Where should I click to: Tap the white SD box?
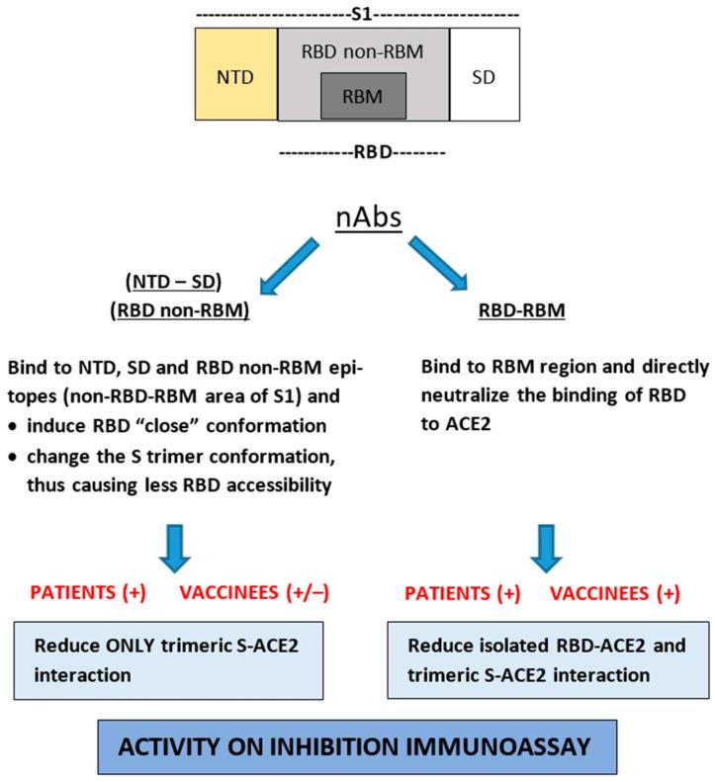point(484,74)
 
